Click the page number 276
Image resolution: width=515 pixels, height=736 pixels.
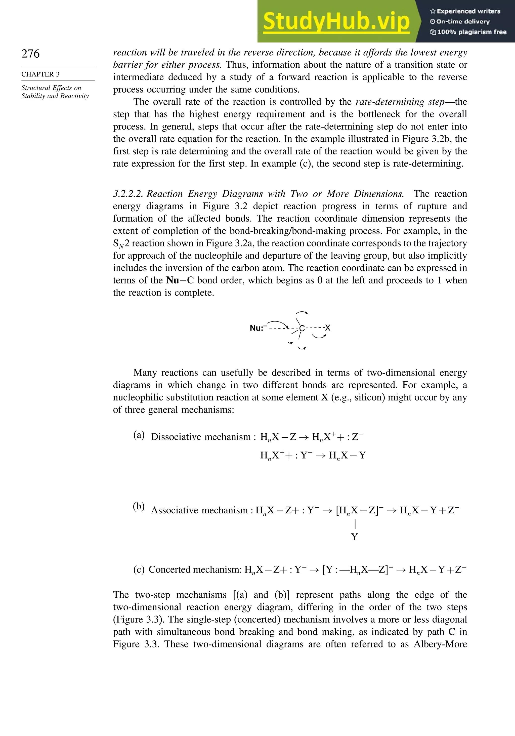(30, 54)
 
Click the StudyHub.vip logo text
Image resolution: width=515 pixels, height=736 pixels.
(336, 22)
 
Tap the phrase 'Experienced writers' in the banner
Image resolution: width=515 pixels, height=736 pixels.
(468, 11)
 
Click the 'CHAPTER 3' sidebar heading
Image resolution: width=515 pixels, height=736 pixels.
(40, 74)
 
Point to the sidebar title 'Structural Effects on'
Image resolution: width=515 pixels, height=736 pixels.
(51, 88)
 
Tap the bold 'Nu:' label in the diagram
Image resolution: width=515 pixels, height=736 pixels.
(256, 328)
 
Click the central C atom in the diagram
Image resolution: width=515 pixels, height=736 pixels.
(302, 328)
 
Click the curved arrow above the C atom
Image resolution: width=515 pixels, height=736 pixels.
(302, 313)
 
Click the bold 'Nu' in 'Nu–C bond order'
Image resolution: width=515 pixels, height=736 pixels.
(173, 280)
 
